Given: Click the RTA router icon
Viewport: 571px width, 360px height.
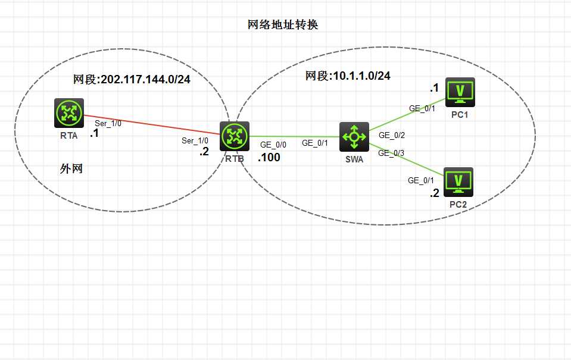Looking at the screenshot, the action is tap(69, 113).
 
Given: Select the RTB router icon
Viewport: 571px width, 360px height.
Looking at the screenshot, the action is tap(235, 136).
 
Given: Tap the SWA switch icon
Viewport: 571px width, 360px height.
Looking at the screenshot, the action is tap(354, 136).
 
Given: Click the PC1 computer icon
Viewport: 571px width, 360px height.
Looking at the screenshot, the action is tap(460, 92).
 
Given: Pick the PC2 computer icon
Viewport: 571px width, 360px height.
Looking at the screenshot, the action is tap(458, 182).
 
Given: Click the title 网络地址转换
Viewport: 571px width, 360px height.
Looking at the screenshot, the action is tap(283, 25).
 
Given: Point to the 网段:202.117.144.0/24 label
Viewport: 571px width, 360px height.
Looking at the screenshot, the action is tap(132, 79).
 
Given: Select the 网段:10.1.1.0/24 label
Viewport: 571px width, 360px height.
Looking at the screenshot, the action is tap(348, 76).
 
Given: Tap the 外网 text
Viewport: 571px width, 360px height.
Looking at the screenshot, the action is tap(71, 168).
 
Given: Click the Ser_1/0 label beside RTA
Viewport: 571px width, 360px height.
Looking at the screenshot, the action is tap(108, 123).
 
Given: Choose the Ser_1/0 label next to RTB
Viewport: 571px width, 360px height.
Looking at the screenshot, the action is tap(195, 140).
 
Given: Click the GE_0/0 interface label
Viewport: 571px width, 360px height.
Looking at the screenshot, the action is tap(273, 145).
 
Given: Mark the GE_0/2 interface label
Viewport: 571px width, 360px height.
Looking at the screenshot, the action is tap(392, 136).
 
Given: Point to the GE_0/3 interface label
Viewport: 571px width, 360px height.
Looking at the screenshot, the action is tap(391, 154).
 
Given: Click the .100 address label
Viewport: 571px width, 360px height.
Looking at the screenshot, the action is tap(269, 158).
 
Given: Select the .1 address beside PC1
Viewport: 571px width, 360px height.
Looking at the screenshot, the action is tap(434, 87).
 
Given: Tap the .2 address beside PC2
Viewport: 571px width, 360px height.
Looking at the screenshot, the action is tap(435, 193).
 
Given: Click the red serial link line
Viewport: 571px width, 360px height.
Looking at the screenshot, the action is tap(152, 125).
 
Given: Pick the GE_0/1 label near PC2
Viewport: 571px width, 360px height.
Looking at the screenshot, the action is tap(421, 180).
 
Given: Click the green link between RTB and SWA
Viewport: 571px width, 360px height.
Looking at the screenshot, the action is tap(295, 136).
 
